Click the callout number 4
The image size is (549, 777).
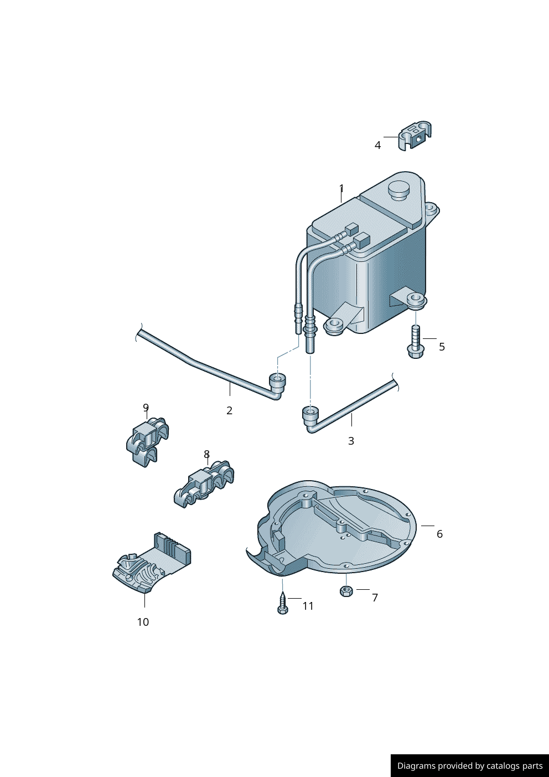pos(377,145)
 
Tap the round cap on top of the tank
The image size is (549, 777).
pos(398,190)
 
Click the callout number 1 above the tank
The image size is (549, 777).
pos(341,188)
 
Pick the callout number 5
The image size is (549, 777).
pos(442,347)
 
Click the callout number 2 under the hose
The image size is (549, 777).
pos(229,411)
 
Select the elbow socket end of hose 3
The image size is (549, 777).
pos(310,419)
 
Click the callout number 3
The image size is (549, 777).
pos(351,441)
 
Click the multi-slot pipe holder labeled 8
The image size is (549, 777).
pos(204,483)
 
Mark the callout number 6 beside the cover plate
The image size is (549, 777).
pos(439,534)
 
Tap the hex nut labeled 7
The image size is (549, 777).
pos(345,591)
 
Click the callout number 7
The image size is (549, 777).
pos(375,598)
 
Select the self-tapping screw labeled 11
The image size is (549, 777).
pos(283,603)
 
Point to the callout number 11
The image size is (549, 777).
pos(308,606)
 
